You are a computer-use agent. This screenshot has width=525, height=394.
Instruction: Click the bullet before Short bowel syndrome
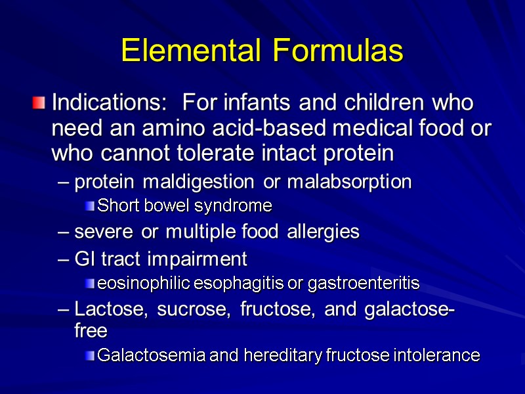(x=90, y=207)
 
